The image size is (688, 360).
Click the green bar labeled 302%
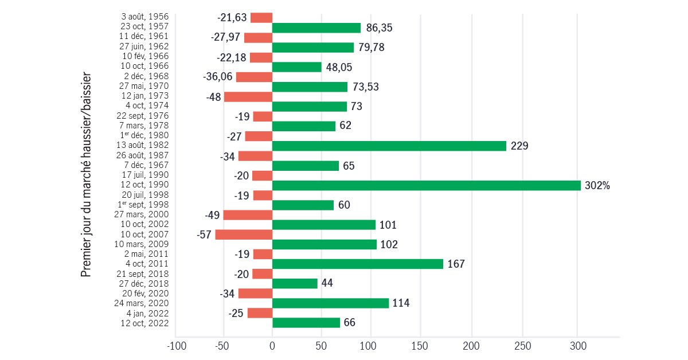pyautogui.click(x=426, y=185)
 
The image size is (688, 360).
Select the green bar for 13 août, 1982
pyautogui.click(x=389, y=146)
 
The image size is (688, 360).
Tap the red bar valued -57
pyautogui.click(x=243, y=234)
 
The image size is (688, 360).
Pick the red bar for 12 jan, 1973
pyautogui.click(x=248, y=96)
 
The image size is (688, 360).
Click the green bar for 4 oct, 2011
pyautogui.click(x=357, y=264)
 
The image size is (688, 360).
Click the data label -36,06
pyautogui.click(x=217, y=77)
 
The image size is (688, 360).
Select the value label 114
pyautogui.click(x=401, y=303)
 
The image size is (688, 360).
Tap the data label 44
pyautogui.click(x=327, y=283)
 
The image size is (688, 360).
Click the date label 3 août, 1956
pyautogui.click(x=145, y=17)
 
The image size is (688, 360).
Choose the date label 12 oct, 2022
pyautogui.click(x=144, y=323)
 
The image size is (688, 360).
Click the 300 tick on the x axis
pyautogui.click(x=578, y=346)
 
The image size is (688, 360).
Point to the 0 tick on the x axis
pyautogui.click(x=272, y=346)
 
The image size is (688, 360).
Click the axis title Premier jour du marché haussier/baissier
pyautogui.click(x=86, y=174)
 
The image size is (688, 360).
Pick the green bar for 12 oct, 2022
pyautogui.click(x=306, y=323)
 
